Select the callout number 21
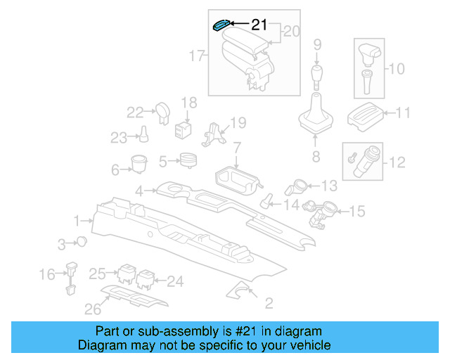[259, 25]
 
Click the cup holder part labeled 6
[137, 164]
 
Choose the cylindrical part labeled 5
[188, 161]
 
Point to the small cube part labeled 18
[184, 129]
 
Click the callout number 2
[268, 303]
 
